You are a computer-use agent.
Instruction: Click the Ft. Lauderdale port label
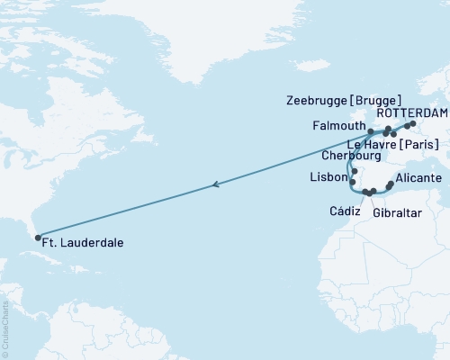[86, 243]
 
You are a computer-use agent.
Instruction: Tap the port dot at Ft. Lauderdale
[38, 238]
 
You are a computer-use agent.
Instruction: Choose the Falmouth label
[336, 125]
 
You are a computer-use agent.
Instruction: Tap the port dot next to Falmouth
[371, 131]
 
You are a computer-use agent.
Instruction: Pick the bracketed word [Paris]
[422, 145]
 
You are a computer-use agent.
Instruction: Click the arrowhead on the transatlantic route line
[215, 184]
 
